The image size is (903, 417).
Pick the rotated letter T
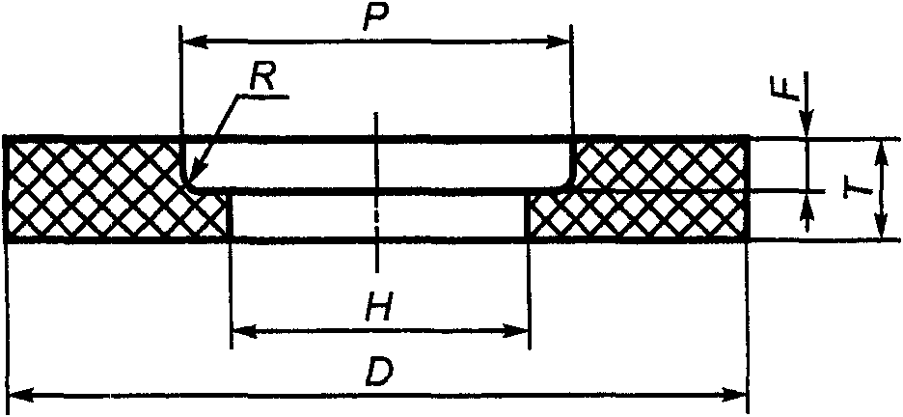(x=853, y=186)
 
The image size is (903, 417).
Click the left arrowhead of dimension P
(x=191, y=42)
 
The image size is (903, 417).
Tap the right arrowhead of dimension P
(x=563, y=42)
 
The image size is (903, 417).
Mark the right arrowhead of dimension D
(x=738, y=395)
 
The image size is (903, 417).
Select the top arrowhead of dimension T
(x=879, y=149)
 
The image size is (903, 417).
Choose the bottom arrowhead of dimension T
(x=879, y=230)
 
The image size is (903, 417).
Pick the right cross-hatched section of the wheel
(x=656, y=188)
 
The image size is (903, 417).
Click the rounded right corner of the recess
(x=566, y=181)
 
